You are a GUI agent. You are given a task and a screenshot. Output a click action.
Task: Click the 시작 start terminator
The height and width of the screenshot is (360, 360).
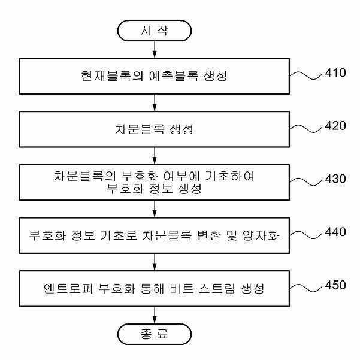coord(155,31)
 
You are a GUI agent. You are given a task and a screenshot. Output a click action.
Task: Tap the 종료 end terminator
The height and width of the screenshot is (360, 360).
coord(155,334)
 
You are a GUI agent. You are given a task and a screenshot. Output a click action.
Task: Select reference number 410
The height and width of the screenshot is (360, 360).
coord(335,73)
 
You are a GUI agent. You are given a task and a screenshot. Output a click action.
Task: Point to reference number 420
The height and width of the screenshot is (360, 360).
coord(335,126)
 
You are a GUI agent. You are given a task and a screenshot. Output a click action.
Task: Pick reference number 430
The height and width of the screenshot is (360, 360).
coord(335,179)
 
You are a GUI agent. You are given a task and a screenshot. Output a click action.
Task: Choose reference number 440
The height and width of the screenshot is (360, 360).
coord(335,232)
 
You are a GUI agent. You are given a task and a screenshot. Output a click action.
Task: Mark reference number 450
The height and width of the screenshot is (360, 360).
coord(335,285)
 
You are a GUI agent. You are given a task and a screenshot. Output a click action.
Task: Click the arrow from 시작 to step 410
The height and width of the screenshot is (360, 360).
coord(155,50)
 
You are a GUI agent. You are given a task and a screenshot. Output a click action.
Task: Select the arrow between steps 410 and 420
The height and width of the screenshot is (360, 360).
coord(155,102)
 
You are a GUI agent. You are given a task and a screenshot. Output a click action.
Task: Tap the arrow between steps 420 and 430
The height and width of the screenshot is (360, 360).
coord(155,156)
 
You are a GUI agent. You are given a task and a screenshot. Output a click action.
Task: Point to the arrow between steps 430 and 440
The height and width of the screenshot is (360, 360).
coord(155,209)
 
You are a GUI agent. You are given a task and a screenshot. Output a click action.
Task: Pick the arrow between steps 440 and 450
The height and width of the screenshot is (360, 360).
coord(155,262)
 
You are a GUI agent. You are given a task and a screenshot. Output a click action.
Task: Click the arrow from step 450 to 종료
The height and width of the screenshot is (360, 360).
coord(155,315)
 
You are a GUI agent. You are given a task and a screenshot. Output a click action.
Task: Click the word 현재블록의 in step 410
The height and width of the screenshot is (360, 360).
coord(112,76)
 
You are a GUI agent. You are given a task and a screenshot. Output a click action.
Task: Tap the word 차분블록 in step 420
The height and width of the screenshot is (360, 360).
coord(140,129)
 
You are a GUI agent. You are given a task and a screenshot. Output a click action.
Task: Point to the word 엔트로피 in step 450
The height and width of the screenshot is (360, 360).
coord(68,288)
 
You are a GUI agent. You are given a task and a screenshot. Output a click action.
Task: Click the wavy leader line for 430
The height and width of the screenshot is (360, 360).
coord(307,182)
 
